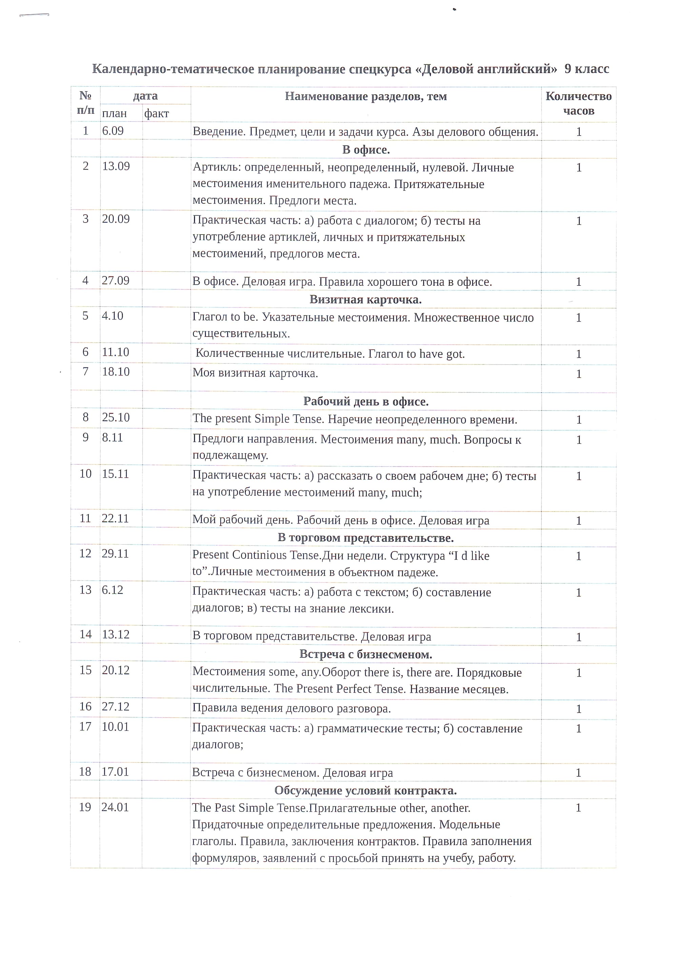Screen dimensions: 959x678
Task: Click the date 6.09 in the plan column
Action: (x=113, y=131)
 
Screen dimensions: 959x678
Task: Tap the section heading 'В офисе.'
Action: (x=366, y=149)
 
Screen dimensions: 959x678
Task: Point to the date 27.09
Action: (x=116, y=280)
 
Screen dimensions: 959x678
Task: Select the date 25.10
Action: (x=116, y=417)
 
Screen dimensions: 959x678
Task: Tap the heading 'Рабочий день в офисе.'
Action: (x=366, y=401)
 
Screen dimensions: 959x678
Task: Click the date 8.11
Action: (x=112, y=437)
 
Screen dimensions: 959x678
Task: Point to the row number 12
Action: (x=85, y=554)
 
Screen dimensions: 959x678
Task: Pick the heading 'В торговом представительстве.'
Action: (x=365, y=538)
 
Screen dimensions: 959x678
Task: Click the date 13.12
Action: (x=116, y=635)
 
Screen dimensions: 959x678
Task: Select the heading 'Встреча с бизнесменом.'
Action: (x=365, y=654)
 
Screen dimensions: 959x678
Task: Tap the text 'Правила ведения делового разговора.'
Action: (x=292, y=708)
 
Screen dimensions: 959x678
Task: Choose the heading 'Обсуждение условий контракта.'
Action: (x=365, y=790)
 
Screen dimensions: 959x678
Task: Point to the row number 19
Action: (x=85, y=807)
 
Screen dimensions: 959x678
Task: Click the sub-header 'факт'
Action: (x=156, y=113)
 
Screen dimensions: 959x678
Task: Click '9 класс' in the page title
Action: (x=586, y=68)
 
